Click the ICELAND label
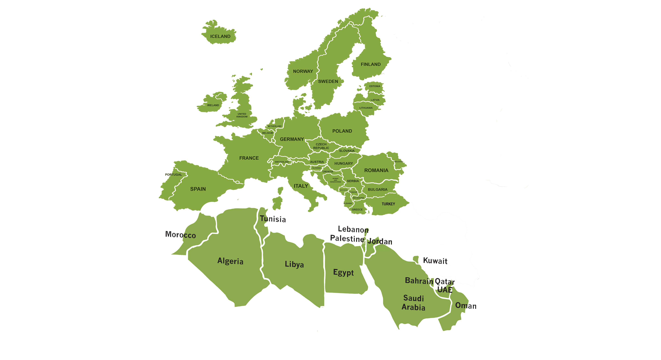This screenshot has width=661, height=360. [220, 36]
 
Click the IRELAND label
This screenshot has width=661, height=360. [213, 105]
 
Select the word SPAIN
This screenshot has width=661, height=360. [198, 189]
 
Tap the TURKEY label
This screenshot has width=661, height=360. [388, 204]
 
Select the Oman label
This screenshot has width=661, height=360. [465, 306]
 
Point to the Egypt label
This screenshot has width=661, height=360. [343, 272]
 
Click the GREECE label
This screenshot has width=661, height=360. [357, 210]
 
